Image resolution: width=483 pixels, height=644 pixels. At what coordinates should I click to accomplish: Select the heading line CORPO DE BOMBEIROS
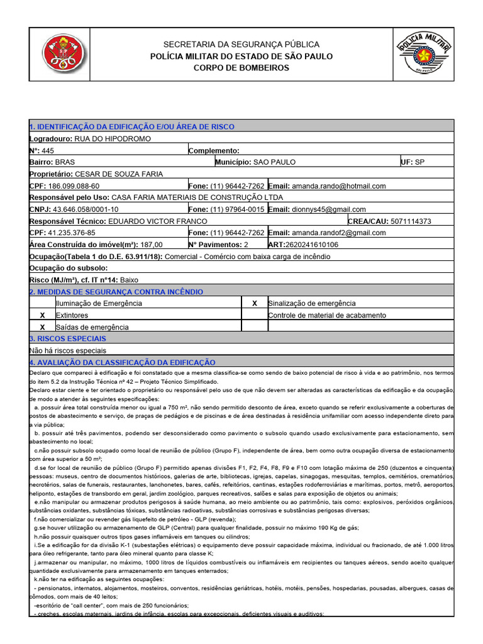point(241,68)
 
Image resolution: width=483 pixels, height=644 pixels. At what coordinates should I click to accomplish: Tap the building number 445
point(48,150)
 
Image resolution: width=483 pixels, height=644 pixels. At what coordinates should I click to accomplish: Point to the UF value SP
point(419,162)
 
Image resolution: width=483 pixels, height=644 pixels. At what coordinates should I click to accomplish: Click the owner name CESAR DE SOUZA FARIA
point(118,174)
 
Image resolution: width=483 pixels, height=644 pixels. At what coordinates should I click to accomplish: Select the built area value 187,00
point(151,245)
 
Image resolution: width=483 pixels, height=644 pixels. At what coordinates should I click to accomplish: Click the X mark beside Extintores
point(42,315)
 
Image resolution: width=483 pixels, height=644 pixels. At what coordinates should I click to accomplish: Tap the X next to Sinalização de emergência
point(254,303)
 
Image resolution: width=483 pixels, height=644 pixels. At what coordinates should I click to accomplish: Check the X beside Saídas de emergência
point(42,327)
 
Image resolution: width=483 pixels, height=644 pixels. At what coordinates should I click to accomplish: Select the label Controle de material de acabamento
point(328,315)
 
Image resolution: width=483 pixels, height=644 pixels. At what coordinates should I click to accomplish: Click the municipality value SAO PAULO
point(274,162)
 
